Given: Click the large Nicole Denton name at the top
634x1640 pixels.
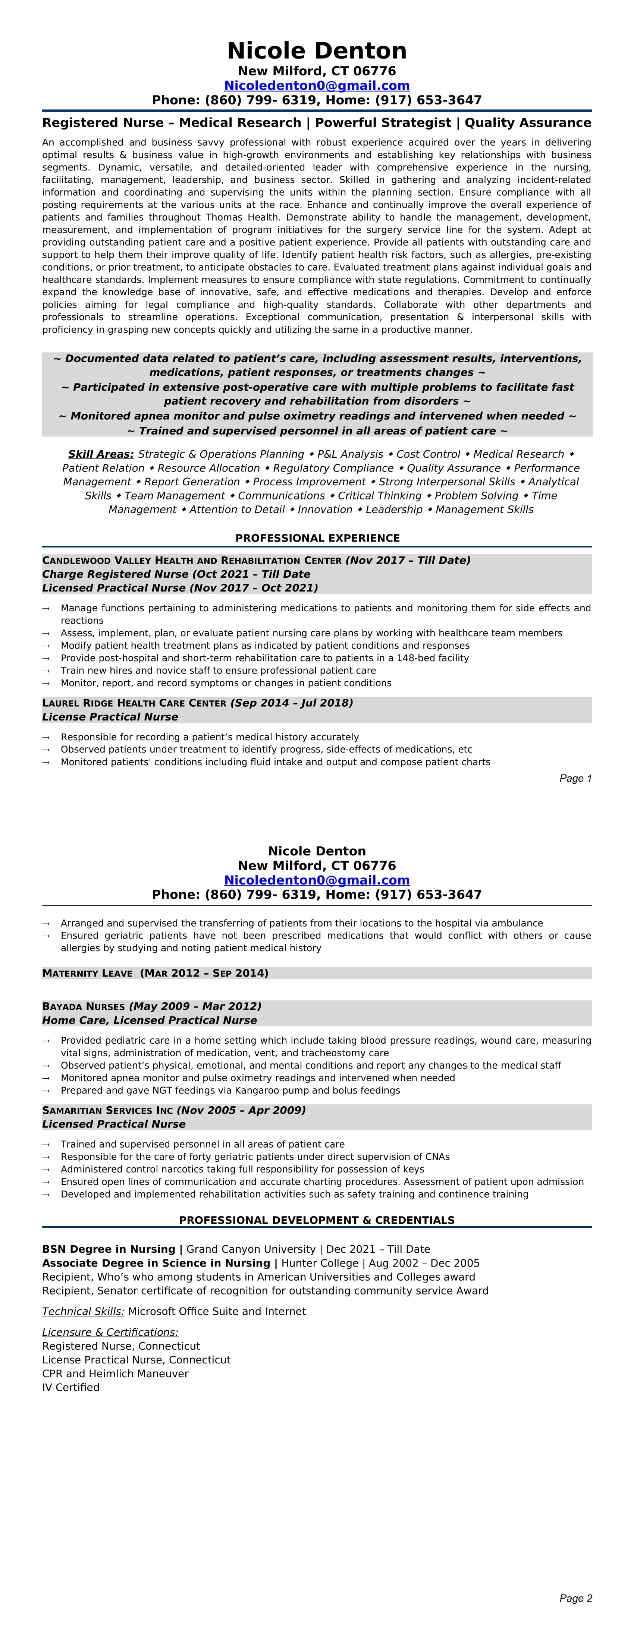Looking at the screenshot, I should tap(317, 51).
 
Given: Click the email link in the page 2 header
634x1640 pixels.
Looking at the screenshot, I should tap(317, 880).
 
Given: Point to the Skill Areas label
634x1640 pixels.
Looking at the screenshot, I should tap(101, 454).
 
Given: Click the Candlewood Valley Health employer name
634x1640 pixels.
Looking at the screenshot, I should tap(192, 560).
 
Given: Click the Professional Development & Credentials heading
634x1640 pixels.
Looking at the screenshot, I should tap(317, 1220).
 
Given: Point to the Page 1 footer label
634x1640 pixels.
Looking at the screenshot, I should tap(575, 778).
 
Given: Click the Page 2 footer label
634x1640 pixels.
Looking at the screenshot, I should tap(575, 1598).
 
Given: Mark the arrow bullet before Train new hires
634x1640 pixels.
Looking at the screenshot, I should tap(46, 671).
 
